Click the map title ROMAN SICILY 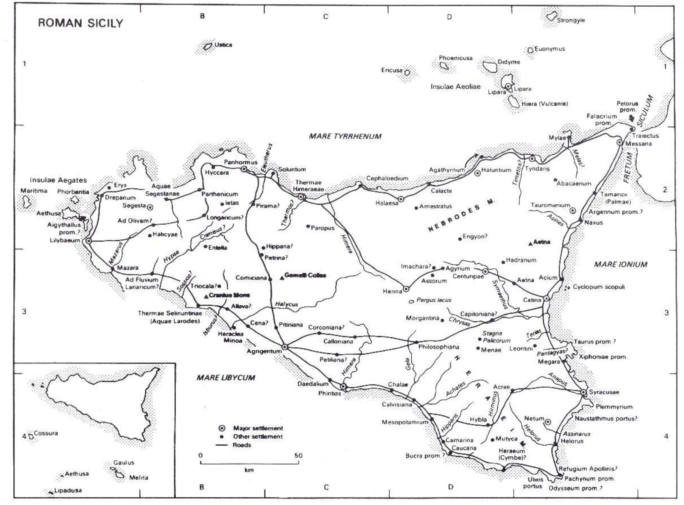point(81,23)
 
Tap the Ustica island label point(223,45)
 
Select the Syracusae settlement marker point(584,392)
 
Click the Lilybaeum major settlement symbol point(88,241)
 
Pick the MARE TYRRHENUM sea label point(345,136)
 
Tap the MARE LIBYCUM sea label point(226,378)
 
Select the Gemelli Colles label point(305,275)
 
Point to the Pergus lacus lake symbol point(411,301)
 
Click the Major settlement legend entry point(258,428)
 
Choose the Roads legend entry point(242,445)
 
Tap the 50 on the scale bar point(298,455)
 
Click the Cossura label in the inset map point(46,433)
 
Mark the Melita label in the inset point(138,478)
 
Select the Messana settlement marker point(619,143)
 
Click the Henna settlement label point(392,291)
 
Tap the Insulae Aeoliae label point(455,87)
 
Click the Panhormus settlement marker point(244,169)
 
